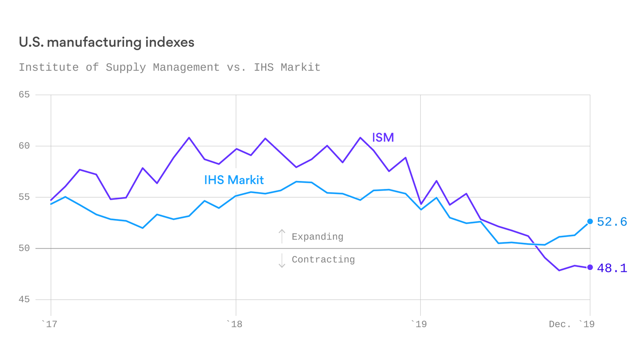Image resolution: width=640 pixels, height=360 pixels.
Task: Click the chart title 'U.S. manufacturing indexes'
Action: click(x=106, y=42)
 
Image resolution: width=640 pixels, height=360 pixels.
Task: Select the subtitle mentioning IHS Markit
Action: click(x=170, y=67)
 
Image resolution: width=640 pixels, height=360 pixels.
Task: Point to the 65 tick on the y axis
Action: click(x=24, y=95)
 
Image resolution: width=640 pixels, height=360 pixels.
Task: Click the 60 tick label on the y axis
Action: click(x=24, y=146)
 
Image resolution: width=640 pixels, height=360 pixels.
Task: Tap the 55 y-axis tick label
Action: click(x=24, y=197)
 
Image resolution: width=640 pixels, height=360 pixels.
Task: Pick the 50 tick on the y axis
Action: click(x=24, y=248)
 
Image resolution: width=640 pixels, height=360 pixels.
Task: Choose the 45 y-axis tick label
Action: click(x=24, y=300)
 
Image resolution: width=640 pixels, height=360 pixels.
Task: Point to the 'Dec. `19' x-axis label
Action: click(x=571, y=324)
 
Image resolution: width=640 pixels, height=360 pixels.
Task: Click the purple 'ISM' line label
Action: click(x=383, y=138)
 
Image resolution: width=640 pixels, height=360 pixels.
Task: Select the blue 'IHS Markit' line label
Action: click(x=234, y=180)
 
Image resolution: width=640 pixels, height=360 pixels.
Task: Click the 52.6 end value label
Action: click(x=612, y=222)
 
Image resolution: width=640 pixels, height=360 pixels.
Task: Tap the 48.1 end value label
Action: click(x=612, y=268)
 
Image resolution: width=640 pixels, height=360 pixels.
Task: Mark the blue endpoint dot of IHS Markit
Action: click(x=590, y=221)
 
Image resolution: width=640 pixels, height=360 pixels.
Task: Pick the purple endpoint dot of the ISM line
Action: click(x=590, y=267)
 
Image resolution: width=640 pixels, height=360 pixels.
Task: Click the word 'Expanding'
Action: click(x=317, y=237)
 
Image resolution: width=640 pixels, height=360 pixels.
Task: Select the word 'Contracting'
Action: click(x=323, y=260)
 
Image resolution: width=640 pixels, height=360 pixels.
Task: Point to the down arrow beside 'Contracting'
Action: click(x=282, y=260)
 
